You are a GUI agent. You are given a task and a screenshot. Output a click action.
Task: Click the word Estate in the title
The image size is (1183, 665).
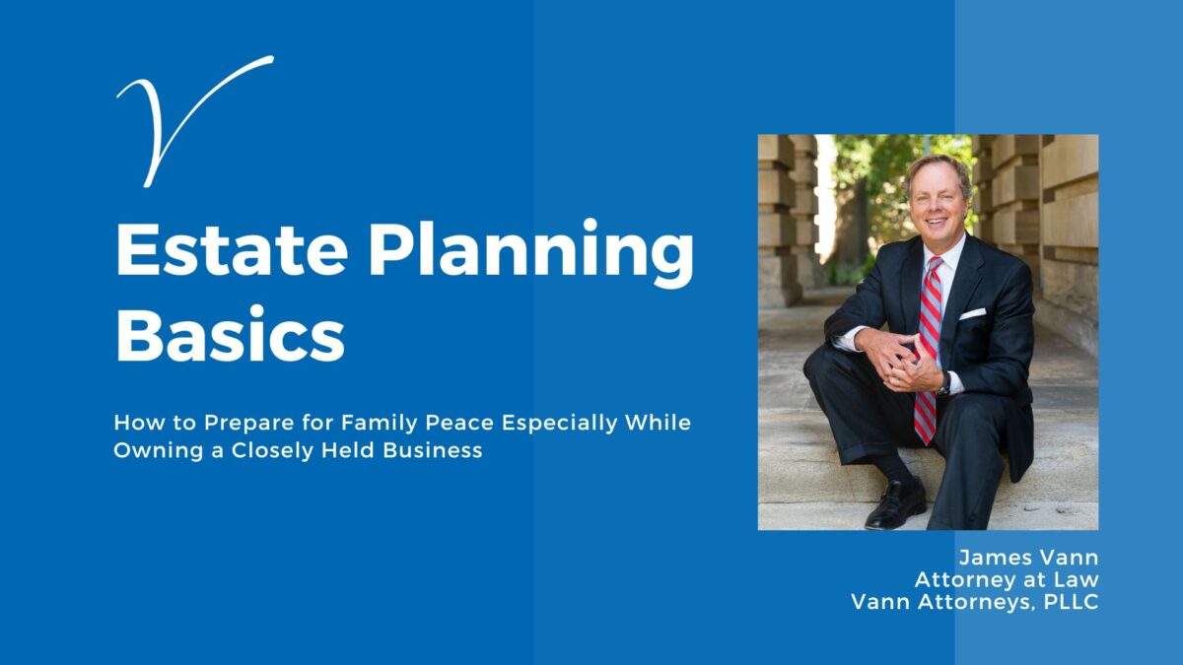click(232, 248)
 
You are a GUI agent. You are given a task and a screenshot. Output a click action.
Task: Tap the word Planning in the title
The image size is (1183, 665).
click(531, 253)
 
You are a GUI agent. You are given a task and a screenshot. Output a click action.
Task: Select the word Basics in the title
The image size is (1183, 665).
click(231, 335)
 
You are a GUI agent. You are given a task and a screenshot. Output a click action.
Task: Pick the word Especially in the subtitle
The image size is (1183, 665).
click(559, 423)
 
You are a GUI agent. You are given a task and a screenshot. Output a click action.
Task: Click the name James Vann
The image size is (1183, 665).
click(1028, 558)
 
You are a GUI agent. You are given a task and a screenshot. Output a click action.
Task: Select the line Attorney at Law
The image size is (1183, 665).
click(1007, 579)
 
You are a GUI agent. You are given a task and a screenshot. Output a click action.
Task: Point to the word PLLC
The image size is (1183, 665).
click(1071, 602)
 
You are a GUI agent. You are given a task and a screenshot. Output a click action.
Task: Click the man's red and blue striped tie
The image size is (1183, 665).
click(929, 349)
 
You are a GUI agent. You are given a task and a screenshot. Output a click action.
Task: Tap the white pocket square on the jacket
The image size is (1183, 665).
click(972, 313)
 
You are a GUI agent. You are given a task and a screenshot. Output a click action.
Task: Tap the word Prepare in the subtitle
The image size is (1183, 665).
click(249, 424)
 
